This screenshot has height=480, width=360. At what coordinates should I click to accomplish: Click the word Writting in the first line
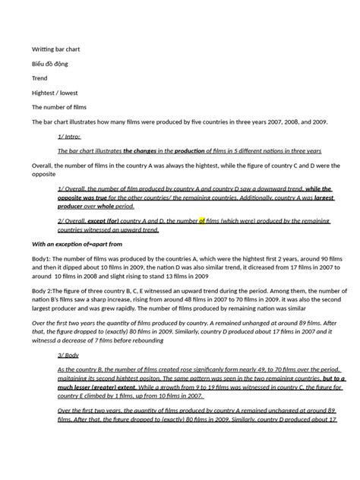pyautogui.click(x=45, y=49)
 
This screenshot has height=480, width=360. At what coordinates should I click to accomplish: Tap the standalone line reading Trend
pyautogui.click(x=39, y=78)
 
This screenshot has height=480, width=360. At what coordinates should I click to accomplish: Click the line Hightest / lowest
pyautogui.click(x=55, y=93)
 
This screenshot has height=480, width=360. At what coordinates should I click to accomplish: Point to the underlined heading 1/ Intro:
pyautogui.click(x=69, y=136)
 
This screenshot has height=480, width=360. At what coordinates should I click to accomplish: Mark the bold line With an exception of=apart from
pyautogui.click(x=77, y=244)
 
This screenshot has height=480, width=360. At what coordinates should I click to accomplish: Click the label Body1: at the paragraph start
pyautogui.click(x=42, y=259)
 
